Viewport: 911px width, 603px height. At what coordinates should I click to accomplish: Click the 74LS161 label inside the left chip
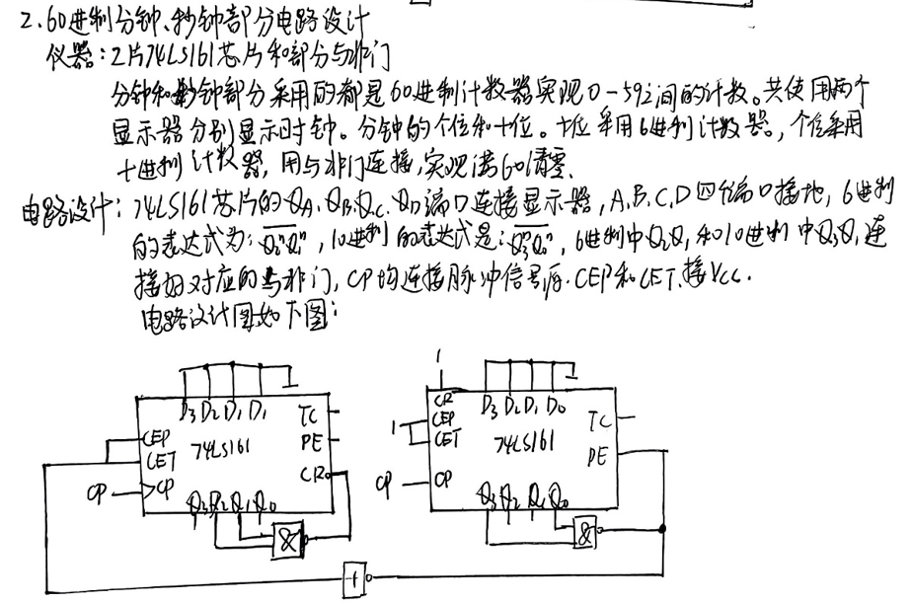223,446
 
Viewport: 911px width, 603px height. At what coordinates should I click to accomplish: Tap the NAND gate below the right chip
588,534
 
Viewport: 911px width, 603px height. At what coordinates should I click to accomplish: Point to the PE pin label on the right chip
597,455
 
